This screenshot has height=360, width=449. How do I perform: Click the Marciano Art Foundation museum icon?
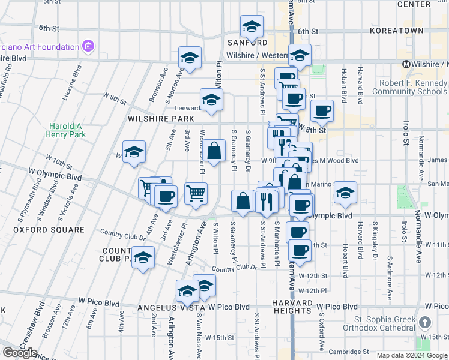89,46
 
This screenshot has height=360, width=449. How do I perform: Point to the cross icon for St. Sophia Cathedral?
426,323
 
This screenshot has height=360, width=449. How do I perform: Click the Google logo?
20,352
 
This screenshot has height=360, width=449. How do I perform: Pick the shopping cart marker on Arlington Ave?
196,193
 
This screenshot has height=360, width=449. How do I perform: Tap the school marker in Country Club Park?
143,258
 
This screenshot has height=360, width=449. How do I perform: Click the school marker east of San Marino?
345,193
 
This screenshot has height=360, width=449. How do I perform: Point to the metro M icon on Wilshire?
406,64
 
